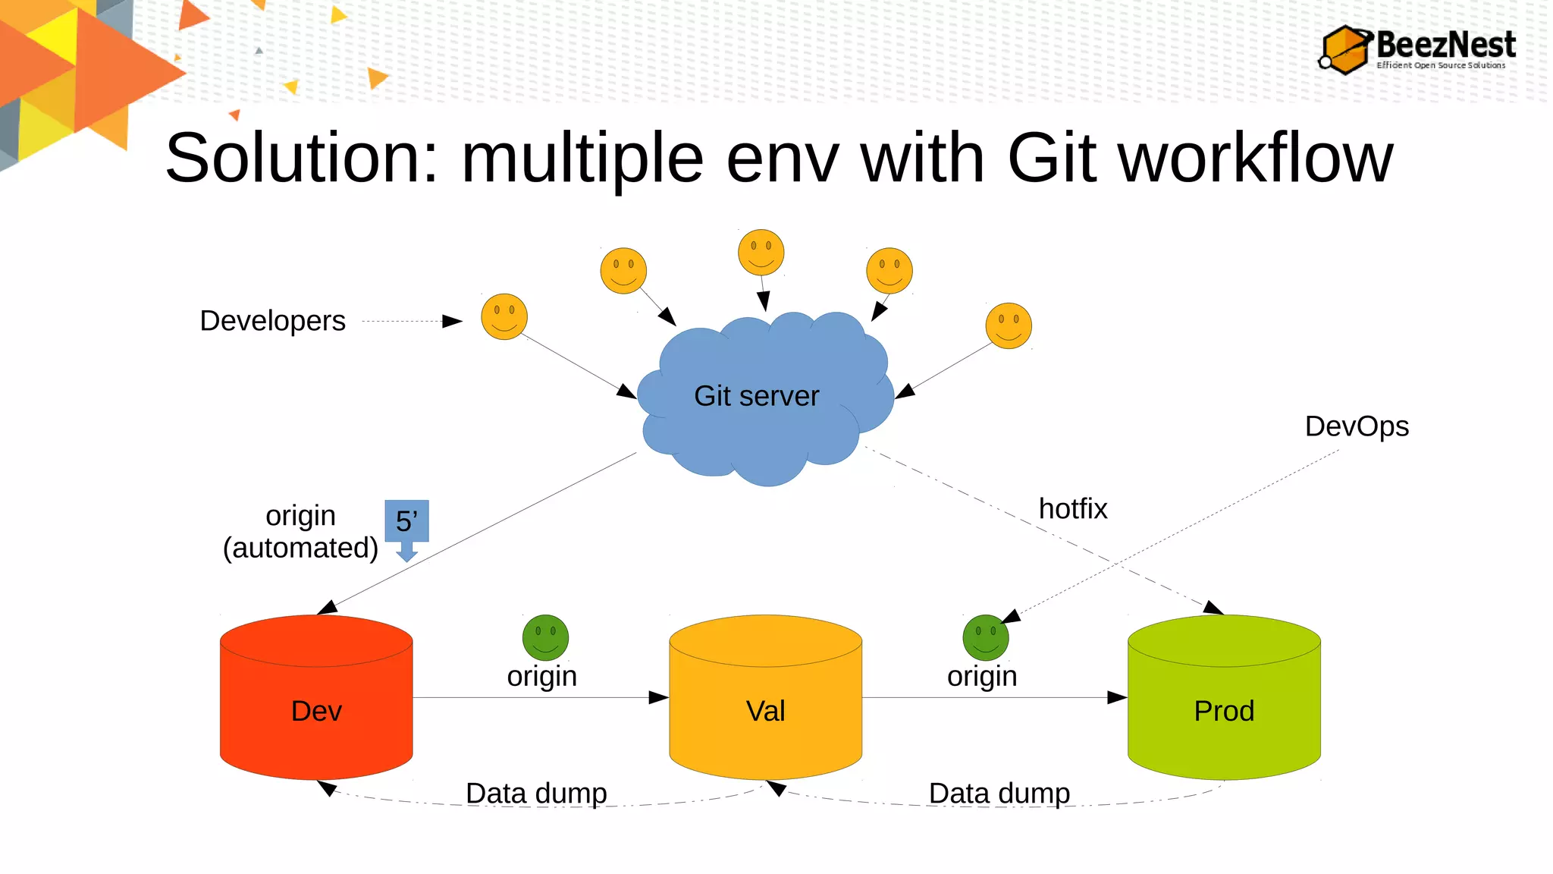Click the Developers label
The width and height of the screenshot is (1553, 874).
pyautogui.click(x=272, y=321)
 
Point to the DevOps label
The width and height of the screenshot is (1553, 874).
pyautogui.click(x=1356, y=426)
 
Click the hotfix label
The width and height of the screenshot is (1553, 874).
pyautogui.click(x=1072, y=509)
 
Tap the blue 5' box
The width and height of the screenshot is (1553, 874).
pyautogui.click(x=406, y=521)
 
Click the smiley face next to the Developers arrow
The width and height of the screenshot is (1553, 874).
pyautogui.click(x=504, y=316)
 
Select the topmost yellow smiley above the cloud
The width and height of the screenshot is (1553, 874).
pyautogui.click(x=761, y=252)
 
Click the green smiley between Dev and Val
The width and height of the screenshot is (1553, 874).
pyautogui.click(x=545, y=637)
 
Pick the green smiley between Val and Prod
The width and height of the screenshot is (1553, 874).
pyautogui.click(x=985, y=637)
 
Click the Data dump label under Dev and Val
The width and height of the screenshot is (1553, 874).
pyautogui.click(x=536, y=794)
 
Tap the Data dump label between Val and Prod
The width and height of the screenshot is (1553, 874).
pyautogui.click(x=999, y=794)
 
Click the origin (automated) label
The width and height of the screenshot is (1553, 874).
pyautogui.click(x=300, y=532)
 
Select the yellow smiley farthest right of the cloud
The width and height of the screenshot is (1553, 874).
pyautogui.click(x=1008, y=325)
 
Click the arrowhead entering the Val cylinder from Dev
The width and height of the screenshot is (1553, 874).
pyautogui.click(x=658, y=697)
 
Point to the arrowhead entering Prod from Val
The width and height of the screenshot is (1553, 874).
pyautogui.click(x=1117, y=697)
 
